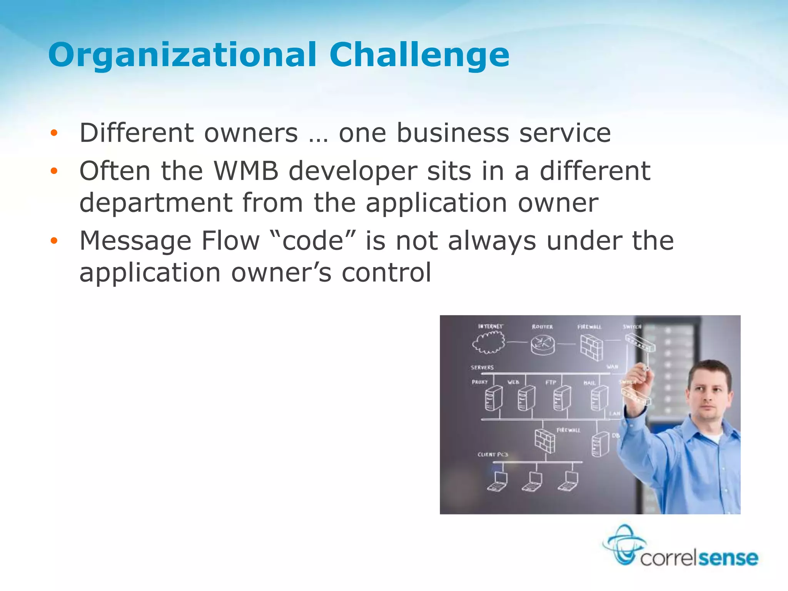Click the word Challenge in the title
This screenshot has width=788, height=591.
point(419,55)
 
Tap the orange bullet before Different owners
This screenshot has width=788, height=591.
point(54,133)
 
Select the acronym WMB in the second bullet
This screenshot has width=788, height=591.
point(246,171)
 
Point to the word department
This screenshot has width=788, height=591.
point(156,203)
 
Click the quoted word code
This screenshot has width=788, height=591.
point(312,241)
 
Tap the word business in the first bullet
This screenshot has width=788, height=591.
point(452,133)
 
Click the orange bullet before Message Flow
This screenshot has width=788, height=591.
point(54,241)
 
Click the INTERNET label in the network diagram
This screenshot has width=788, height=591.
point(491,326)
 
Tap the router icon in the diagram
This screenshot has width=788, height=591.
point(543,344)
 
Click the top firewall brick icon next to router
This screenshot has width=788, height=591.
point(591,347)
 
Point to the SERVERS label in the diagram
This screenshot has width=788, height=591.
point(482,367)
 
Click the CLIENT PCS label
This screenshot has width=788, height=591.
point(493,454)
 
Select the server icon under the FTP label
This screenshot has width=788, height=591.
point(562,398)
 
